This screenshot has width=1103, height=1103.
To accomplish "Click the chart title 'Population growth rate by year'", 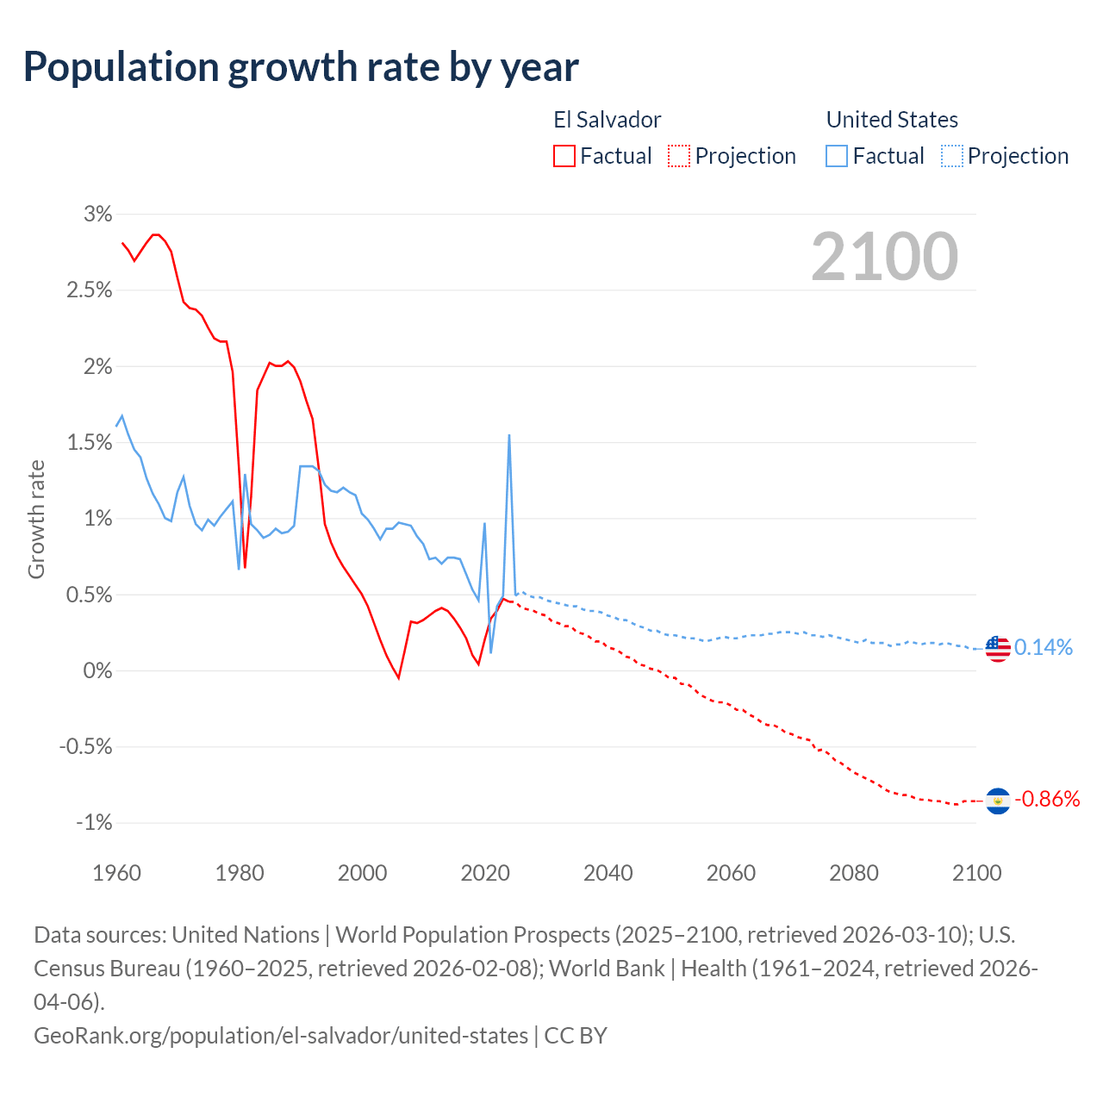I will [301, 67].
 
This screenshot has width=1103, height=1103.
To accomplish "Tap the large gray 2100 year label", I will [884, 257].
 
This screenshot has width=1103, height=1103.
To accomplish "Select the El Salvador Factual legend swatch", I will [564, 156].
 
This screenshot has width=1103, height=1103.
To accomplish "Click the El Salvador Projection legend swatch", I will [679, 156].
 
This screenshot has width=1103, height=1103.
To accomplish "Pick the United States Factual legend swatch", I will [837, 156].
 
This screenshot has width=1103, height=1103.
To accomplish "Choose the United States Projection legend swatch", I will [951, 156].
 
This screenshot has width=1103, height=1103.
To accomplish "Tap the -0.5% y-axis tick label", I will [86, 747].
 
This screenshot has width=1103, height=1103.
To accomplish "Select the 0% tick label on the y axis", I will [98, 670].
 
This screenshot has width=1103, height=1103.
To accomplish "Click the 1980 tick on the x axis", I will [240, 873].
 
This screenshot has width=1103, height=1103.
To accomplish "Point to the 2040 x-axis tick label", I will [608, 873].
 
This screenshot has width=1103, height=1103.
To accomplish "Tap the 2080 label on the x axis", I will [854, 873].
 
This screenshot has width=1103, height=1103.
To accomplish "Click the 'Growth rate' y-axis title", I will [36, 519].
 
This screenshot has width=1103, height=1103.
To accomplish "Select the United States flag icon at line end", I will [998, 648].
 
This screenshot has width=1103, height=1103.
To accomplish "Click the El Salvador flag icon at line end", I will [998, 801].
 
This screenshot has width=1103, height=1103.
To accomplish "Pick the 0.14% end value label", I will [1044, 648].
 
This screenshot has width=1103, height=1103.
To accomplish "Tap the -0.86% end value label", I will [1047, 800].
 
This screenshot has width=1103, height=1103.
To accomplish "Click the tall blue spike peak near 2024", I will [509, 436].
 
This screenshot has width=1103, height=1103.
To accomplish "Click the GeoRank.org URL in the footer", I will [281, 1035].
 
